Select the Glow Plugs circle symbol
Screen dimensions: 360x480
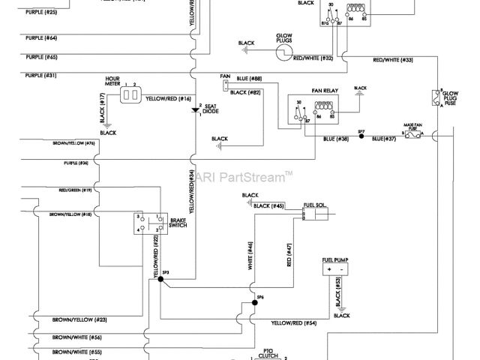tap(283, 52)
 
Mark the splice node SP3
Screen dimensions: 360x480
tap(160, 280)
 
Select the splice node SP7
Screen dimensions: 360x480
tap(361, 138)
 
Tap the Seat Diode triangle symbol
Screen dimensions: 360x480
tap(196, 110)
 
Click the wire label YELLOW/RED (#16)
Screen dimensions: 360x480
tap(168, 98)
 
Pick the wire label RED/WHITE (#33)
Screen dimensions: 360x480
tap(393, 59)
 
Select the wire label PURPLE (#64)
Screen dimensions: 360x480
tap(40, 37)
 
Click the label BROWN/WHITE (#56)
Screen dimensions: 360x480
tap(76, 337)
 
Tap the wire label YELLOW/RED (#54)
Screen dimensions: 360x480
tap(294, 322)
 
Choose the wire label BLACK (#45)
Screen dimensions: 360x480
tap(268, 205)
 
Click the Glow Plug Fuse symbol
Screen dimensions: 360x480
tap(436, 97)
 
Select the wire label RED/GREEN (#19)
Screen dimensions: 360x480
tap(76, 190)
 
